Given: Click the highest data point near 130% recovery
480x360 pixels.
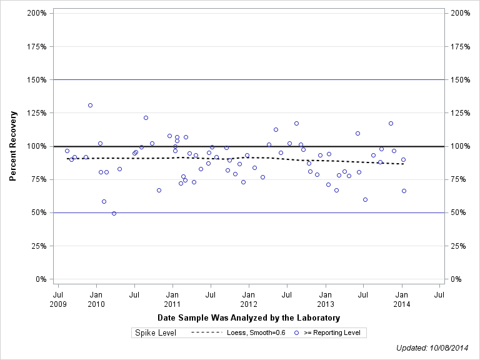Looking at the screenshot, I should pyautogui.click(x=90, y=105).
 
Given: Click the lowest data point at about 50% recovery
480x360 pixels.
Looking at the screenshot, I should pyautogui.click(x=114, y=213).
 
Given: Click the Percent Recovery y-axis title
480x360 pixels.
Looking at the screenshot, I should pyautogui.click(x=12, y=146).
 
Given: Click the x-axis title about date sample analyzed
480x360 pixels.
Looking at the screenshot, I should pyautogui.click(x=248, y=318).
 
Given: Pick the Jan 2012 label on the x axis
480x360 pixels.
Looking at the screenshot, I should pyautogui.click(x=248, y=299).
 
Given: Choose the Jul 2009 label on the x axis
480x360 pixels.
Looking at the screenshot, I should pyautogui.click(x=58, y=299).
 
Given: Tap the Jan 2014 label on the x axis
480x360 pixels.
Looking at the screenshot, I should pyautogui.click(x=402, y=299).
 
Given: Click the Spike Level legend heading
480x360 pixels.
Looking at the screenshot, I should pyautogui.click(x=156, y=333).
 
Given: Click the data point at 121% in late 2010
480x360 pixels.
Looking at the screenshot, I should pyautogui.click(x=146, y=117).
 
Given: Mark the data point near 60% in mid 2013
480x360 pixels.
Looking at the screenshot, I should pyautogui.click(x=365, y=199).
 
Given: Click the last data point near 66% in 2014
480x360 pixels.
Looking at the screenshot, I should pyautogui.click(x=404, y=191).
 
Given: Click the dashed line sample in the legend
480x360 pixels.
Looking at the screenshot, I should pyautogui.click(x=206, y=333).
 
